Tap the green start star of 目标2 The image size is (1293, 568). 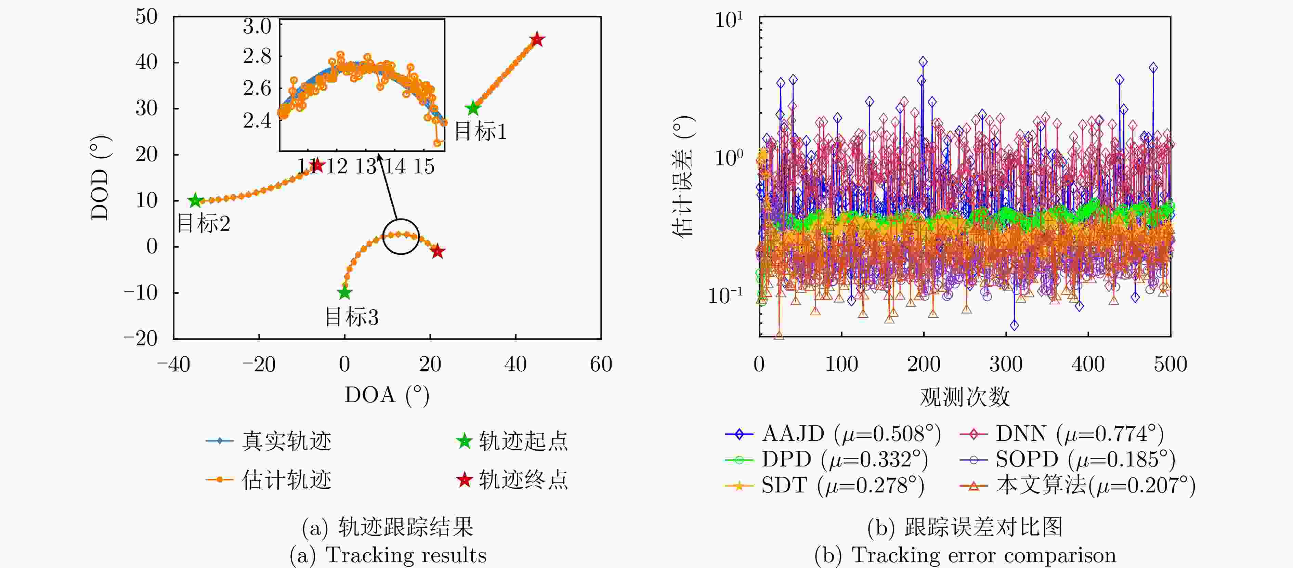[195, 201]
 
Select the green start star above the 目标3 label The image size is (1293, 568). [344, 292]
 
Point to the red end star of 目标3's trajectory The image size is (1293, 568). [438, 251]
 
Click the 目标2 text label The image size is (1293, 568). [203, 224]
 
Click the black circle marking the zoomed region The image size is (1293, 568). [401, 236]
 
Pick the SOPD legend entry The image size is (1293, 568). [1066, 459]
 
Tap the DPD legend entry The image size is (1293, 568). [826, 459]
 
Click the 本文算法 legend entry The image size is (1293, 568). [1077, 485]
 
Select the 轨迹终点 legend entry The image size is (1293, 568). [512, 480]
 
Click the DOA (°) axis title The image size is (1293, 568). [387, 395]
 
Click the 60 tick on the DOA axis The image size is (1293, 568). [601, 364]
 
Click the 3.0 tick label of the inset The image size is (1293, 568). [257, 26]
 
